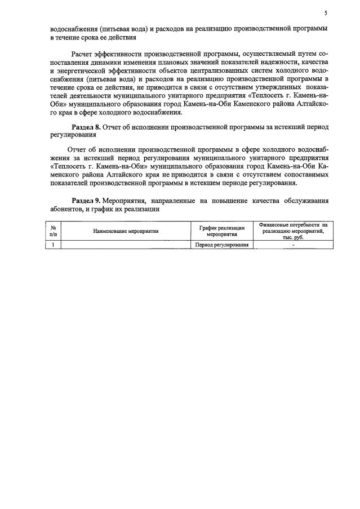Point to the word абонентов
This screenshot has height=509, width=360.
66,209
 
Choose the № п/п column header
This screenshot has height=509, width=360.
52,231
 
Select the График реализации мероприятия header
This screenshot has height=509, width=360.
221,231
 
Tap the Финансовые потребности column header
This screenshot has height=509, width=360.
293,231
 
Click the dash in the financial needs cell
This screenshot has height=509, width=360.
293,245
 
